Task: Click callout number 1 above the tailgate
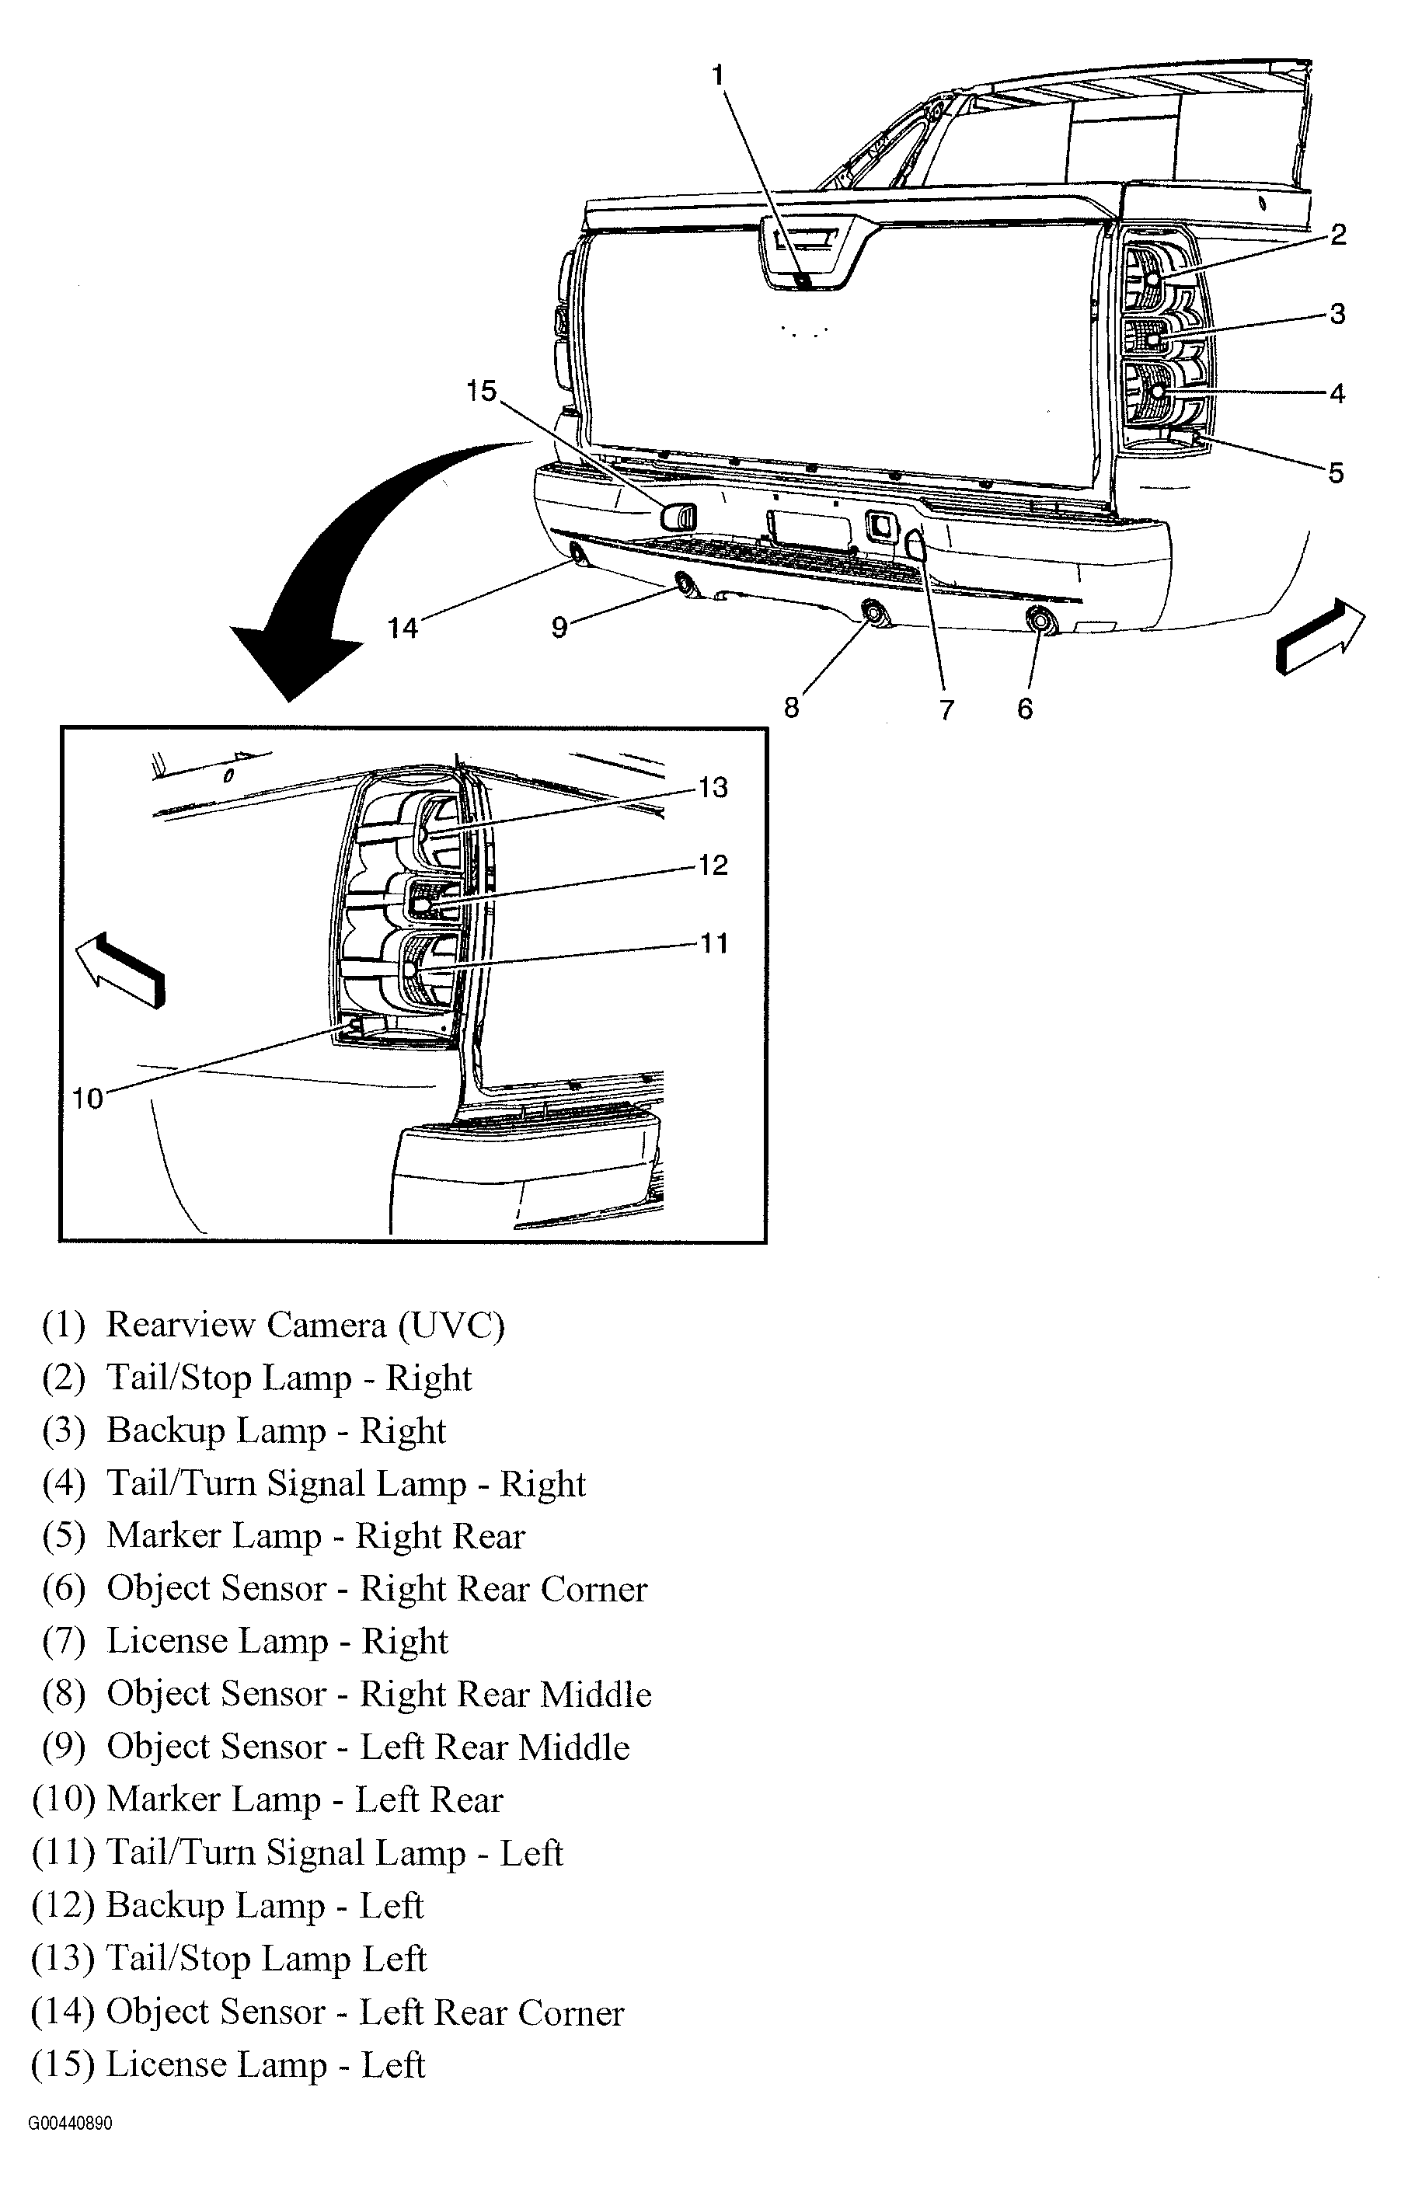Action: [719, 75]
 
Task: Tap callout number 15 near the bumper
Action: [481, 391]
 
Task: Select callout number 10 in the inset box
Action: [88, 1099]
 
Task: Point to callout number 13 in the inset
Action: [713, 787]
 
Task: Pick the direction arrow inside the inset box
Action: [120, 970]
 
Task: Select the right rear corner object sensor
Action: [1040, 621]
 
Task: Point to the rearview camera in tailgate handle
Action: [802, 280]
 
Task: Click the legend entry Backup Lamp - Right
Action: [275, 1430]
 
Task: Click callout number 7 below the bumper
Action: [946, 709]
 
